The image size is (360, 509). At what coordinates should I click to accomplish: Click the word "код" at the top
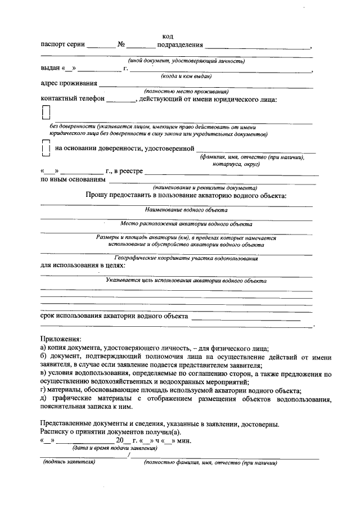pyautogui.click(x=168, y=37)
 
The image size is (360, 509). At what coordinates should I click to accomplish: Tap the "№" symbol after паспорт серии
pyautogui.click(x=121, y=45)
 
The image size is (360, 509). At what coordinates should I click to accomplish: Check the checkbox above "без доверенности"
pyautogui.click(x=46, y=113)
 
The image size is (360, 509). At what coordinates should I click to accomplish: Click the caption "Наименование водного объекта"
pyautogui.click(x=186, y=210)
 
